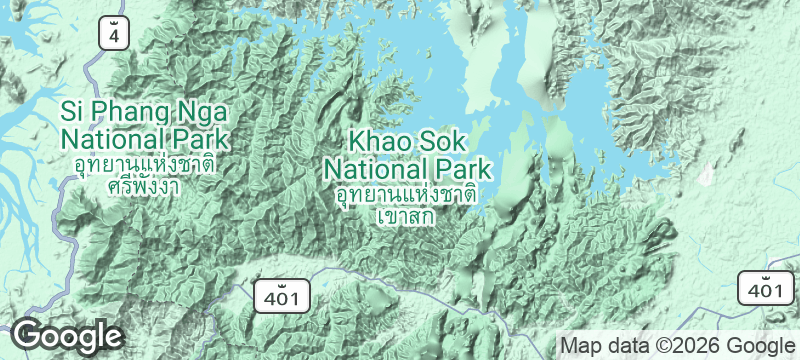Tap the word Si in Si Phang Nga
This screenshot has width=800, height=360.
point(71,109)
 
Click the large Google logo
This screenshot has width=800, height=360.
point(67,336)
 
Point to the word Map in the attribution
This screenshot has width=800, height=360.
point(582,345)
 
